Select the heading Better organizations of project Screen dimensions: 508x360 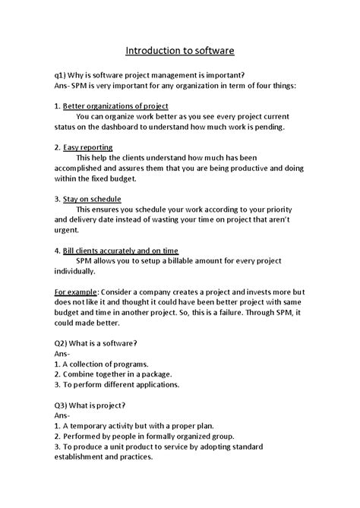coord(115,106)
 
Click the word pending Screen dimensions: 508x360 coord(265,127)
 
